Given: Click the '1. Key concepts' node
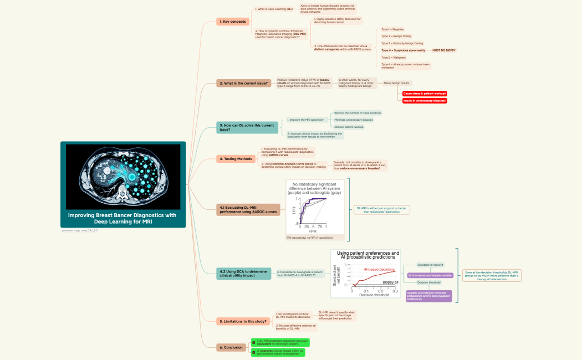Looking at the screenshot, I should [x=233, y=22].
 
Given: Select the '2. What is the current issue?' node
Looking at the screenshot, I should [x=244, y=84].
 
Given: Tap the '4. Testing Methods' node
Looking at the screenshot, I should [x=236, y=159].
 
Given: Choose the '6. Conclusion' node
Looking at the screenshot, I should [x=231, y=347].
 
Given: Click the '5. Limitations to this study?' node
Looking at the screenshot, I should [x=243, y=321].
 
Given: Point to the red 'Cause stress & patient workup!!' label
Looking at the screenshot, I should [x=425, y=94].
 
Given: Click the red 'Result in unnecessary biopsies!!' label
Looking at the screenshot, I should [x=425, y=101].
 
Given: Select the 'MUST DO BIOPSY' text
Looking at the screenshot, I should [x=443, y=50].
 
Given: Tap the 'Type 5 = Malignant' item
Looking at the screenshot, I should [x=392, y=58].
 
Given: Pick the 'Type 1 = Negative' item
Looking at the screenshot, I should [x=392, y=29].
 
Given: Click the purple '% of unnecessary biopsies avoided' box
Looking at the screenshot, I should [x=430, y=275].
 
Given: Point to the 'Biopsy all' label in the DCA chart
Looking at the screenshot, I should [x=390, y=282].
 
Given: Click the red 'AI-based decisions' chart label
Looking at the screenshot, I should [x=379, y=269].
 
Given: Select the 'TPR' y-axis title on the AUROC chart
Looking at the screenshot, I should [x=294, y=210].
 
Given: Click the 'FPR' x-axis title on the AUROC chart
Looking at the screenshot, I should [x=313, y=232].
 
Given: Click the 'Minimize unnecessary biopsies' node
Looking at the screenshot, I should [x=353, y=120].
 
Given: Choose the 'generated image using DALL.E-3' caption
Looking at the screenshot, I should [x=80, y=230].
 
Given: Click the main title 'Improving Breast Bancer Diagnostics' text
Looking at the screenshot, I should [x=122, y=215].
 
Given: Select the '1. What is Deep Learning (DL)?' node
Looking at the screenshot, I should [x=274, y=9].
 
